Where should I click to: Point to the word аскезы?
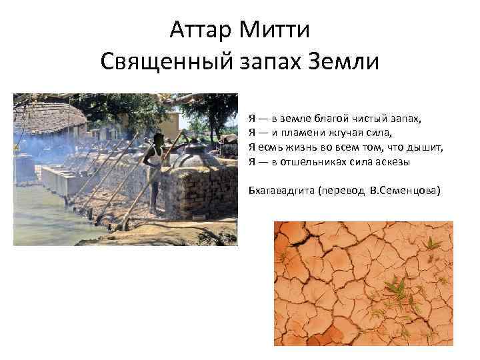click(390, 161)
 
